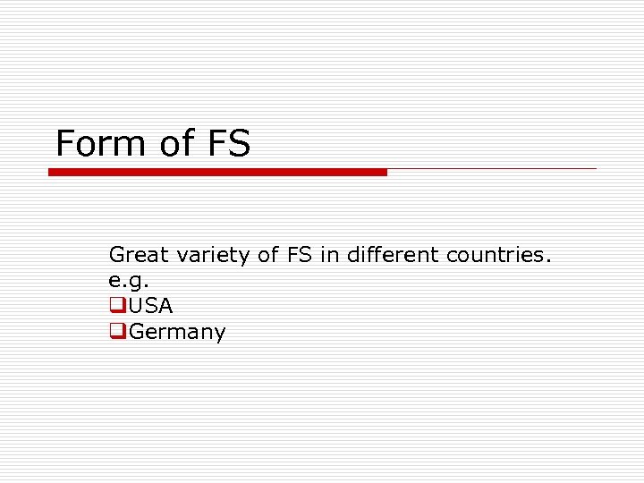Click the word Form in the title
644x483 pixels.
point(99,144)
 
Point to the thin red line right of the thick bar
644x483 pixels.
point(492,168)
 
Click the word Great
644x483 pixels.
point(139,255)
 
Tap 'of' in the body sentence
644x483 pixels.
point(268,255)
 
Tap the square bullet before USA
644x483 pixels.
point(116,305)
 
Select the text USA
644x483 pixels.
point(151,306)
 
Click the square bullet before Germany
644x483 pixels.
point(116,331)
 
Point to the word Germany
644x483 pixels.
point(177,333)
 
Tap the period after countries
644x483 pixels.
point(548,261)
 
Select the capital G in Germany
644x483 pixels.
point(138,332)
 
